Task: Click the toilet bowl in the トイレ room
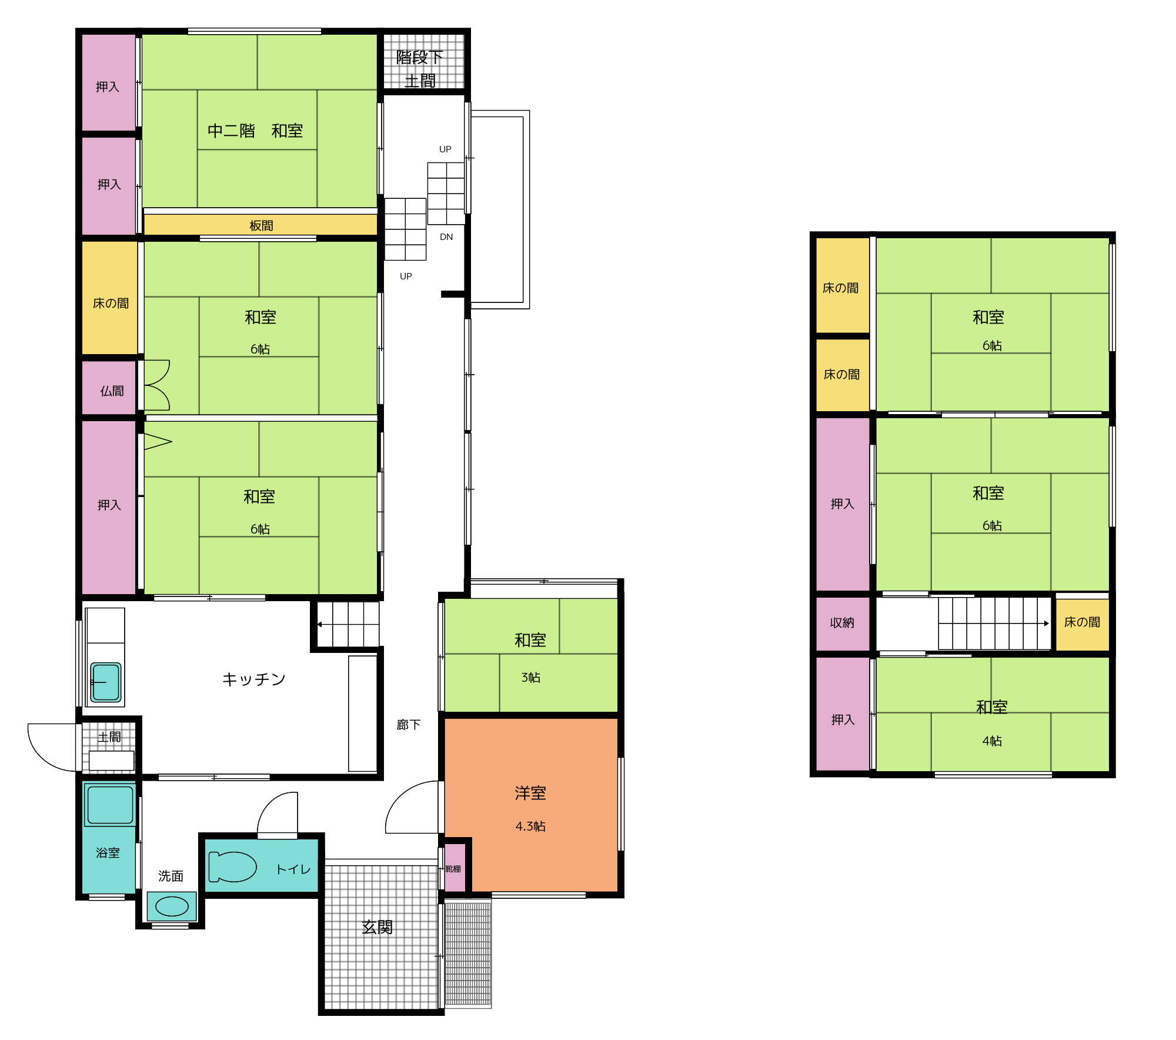point(232,866)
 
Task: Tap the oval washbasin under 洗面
point(172,906)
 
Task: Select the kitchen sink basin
point(106,682)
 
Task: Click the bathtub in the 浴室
point(110,805)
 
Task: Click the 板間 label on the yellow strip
point(261,226)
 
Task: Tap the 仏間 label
point(112,391)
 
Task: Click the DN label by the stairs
point(446,237)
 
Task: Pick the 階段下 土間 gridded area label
point(420,69)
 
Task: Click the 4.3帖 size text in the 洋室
point(530,826)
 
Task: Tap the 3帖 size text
point(531,678)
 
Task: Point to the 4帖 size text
point(992,741)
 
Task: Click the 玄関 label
point(377,928)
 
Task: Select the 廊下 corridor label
point(409,725)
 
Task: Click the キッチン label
point(254,679)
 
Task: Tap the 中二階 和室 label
point(255,131)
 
